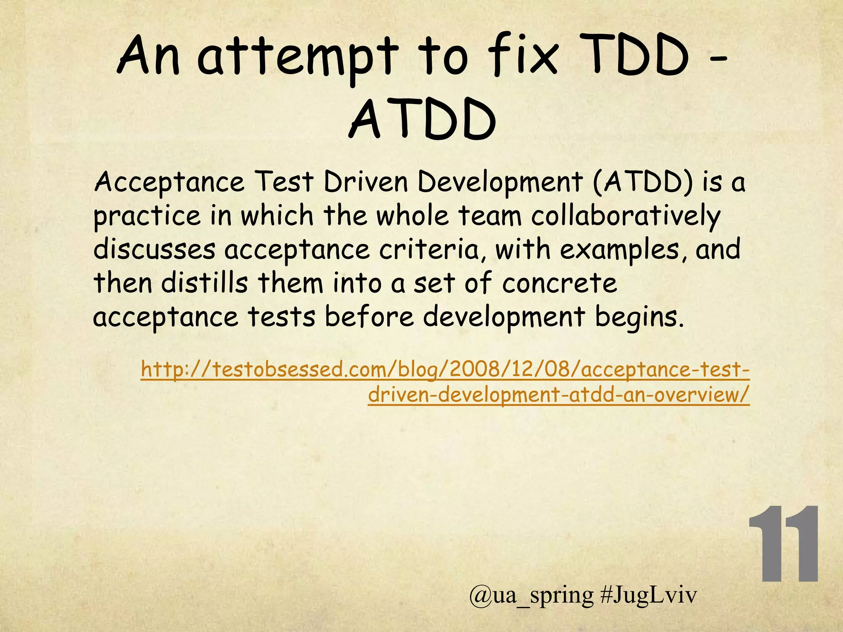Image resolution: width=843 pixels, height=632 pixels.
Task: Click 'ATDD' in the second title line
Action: coord(422,121)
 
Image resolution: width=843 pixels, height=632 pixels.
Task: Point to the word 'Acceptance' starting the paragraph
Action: coord(169,182)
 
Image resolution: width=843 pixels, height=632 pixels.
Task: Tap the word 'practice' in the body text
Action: coord(147,216)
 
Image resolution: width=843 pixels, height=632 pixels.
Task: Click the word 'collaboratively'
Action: coord(626,216)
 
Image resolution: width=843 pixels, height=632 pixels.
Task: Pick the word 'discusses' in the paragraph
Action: coord(154,249)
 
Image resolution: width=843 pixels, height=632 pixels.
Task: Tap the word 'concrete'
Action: coord(560,283)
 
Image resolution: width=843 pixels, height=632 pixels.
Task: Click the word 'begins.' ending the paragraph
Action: coord(640,317)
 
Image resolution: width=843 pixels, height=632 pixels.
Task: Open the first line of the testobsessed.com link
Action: coord(445,369)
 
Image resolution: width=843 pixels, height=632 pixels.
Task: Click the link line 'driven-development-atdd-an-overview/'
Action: coord(559,395)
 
